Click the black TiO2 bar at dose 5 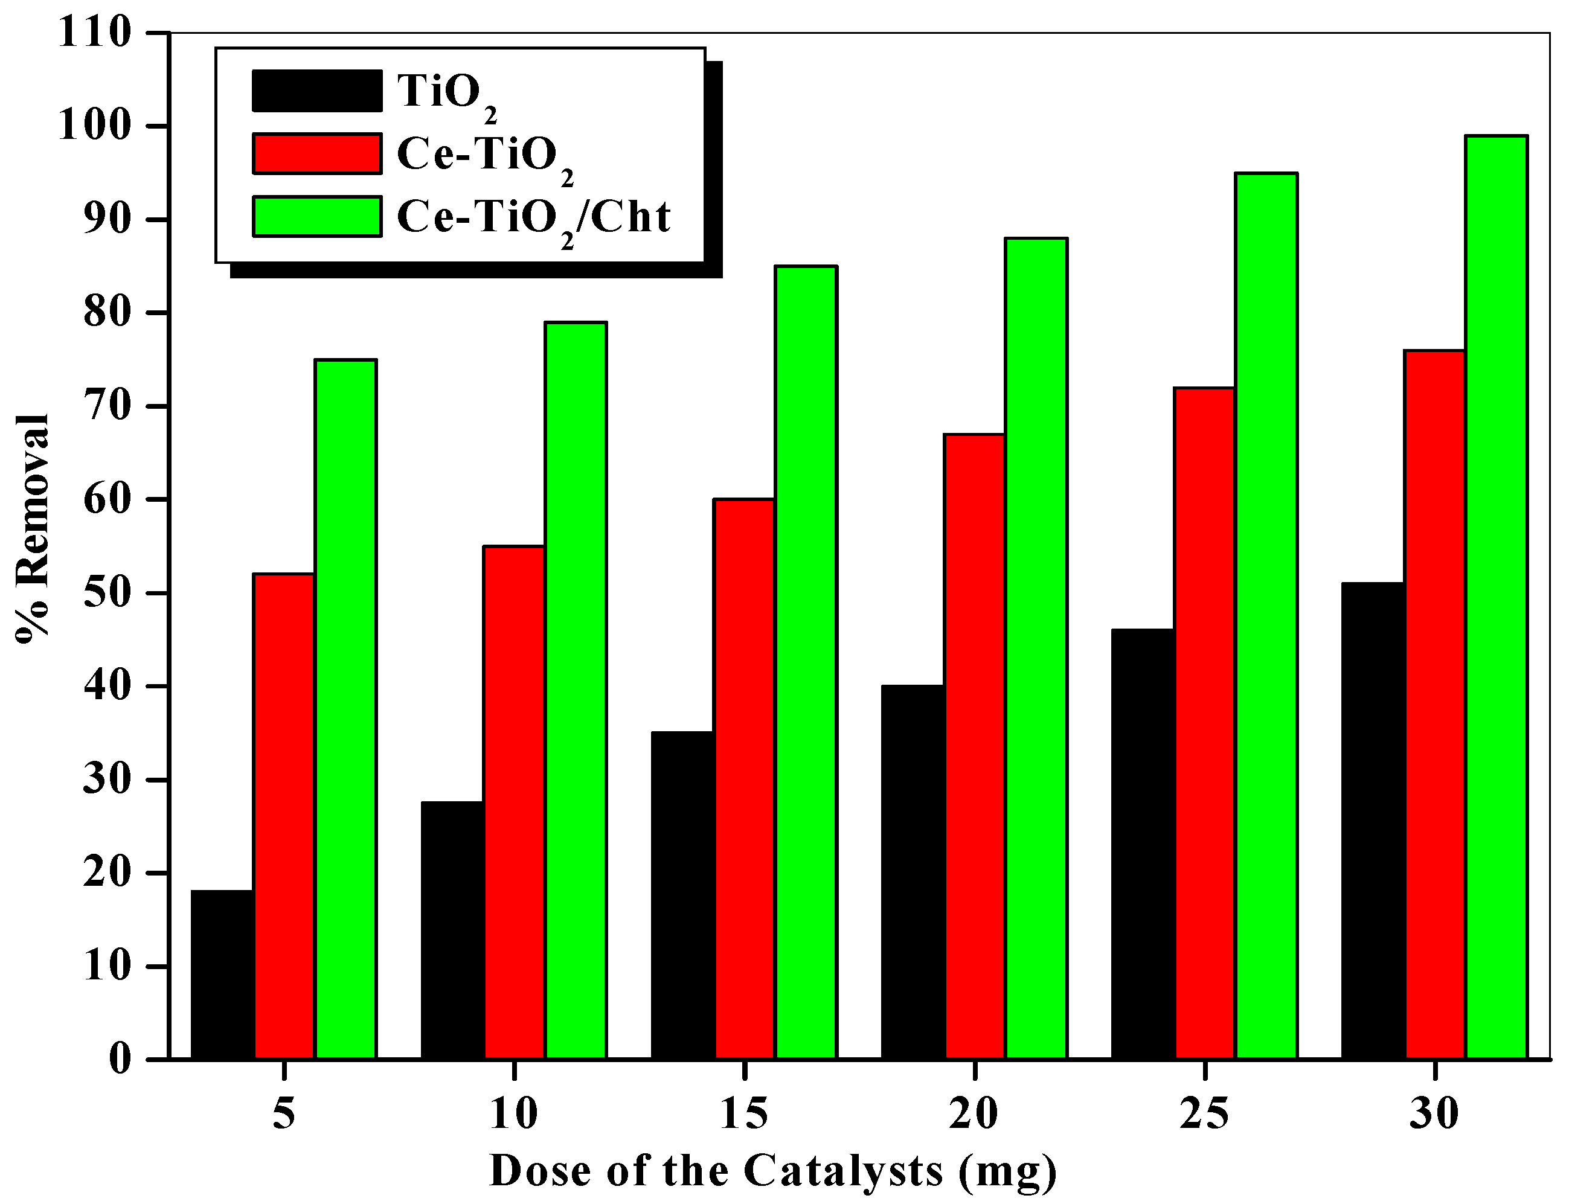(x=222, y=974)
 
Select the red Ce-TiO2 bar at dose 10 (x=514, y=802)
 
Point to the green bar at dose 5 (x=345, y=709)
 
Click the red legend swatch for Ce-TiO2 (x=317, y=153)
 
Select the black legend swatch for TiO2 (x=317, y=91)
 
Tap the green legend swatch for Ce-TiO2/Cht (x=317, y=216)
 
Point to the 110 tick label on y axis (x=95, y=33)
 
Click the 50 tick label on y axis (x=107, y=594)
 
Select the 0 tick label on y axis (x=120, y=1059)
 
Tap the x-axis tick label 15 (x=744, y=1115)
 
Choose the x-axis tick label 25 (x=1204, y=1115)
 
